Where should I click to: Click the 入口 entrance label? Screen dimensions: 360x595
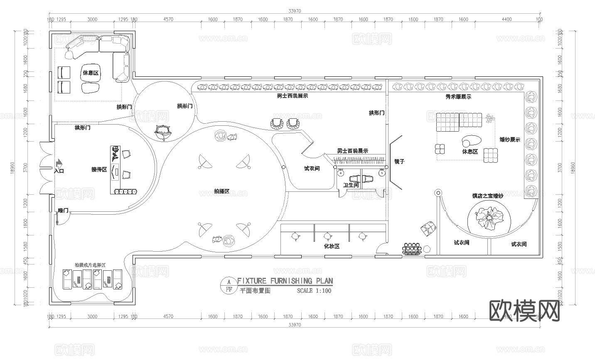(x=59, y=171)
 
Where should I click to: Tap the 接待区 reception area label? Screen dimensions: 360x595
(x=99, y=169)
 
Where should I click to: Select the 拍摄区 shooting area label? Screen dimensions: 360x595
(x=221, y=191)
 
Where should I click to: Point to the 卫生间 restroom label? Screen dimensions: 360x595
(x=351, y=185)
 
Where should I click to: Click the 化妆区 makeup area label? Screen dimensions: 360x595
(x=332, y=246)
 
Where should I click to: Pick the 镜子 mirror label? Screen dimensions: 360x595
(x=399, y=162)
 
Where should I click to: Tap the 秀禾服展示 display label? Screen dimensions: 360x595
(x=458, y=97)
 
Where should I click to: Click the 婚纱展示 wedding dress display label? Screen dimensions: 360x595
(x=509, y=140)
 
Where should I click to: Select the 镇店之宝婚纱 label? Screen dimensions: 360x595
(x=487, y=196)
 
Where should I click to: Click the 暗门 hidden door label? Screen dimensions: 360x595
(x=63, y=211)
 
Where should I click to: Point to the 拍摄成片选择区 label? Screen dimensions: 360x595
(x=90, y=265)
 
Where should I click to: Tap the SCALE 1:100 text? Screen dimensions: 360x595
(x=314, y=291)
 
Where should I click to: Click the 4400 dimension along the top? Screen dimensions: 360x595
(x=506, y=19)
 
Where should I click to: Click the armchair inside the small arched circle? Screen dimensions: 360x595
(x=162, y=132)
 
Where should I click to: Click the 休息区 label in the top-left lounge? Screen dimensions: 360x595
(x=90, y=73)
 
